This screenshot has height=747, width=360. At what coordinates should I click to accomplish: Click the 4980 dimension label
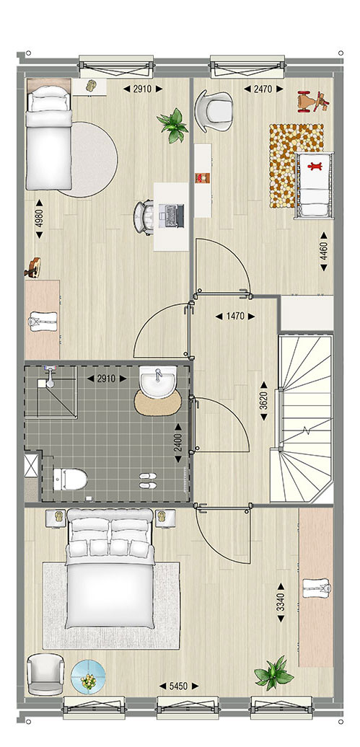[x=39, y=219]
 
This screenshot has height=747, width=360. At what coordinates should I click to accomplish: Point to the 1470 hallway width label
[x=234, y=316]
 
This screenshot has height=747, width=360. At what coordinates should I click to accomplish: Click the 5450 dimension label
[x=178, y=686]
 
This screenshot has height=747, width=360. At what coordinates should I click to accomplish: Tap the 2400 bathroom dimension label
[x=178, y=443]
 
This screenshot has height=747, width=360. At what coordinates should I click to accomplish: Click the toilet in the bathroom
[x=69, y=479]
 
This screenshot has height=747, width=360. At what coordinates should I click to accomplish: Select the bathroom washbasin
[x=158, y=383]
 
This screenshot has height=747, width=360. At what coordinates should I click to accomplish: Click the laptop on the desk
[x=172, y=216]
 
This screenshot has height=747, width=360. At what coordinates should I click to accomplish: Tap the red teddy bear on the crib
[x=315, y=167]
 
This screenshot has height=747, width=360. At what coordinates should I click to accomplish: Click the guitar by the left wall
[x=32, y=268]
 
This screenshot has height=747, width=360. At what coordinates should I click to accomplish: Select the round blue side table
[x=88, y=676]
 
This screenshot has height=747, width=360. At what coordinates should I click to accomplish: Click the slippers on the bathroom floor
[x=147, y=481]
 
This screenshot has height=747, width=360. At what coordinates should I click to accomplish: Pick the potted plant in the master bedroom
[x=273, y=672]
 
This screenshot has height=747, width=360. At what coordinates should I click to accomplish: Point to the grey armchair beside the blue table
[x=45, y=673]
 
